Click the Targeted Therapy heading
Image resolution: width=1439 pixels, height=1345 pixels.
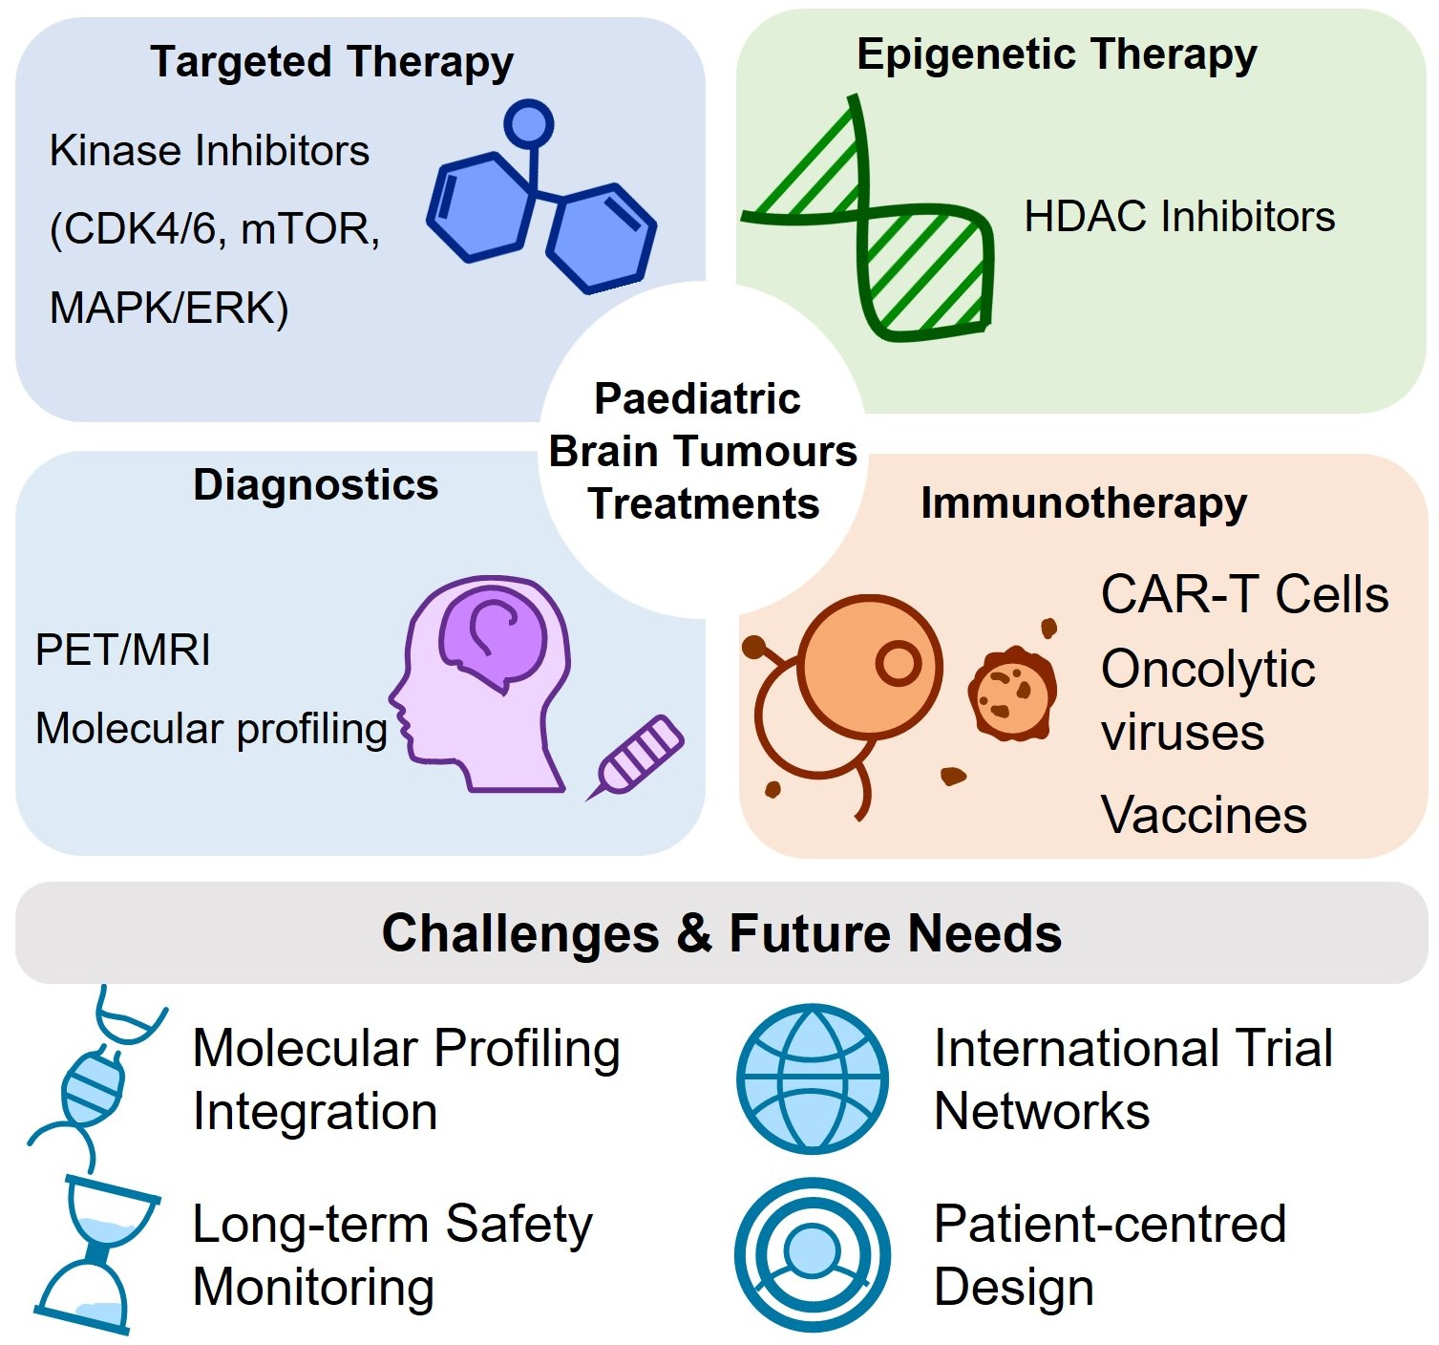coord(331,62)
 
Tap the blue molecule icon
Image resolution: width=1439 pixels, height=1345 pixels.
coord(540,215)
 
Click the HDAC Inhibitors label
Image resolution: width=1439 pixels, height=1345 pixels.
coord(1179,217)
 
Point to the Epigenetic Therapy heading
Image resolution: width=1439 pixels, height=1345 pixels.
coord(1056,54)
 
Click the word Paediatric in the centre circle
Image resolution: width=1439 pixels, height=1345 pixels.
coord(697,399)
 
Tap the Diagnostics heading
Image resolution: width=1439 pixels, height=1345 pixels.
coord(315,485)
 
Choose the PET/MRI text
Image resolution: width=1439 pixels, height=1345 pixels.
coord(123,651)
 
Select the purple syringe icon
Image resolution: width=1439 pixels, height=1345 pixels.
coord(638,755)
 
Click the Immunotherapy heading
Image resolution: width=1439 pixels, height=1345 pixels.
coord(1083,503)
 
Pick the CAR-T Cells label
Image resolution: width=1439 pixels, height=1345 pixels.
coord(1244,595)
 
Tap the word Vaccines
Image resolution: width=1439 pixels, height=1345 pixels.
coord(1203,816)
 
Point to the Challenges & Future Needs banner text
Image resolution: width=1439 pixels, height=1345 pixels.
coord(722,933)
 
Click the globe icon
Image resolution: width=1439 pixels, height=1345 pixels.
coord(813,1078)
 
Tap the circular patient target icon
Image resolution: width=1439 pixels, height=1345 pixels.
coord(813,1254)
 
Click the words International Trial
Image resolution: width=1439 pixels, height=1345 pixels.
coord(1133,1049)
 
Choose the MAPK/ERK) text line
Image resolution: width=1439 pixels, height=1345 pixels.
coord(169,309)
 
